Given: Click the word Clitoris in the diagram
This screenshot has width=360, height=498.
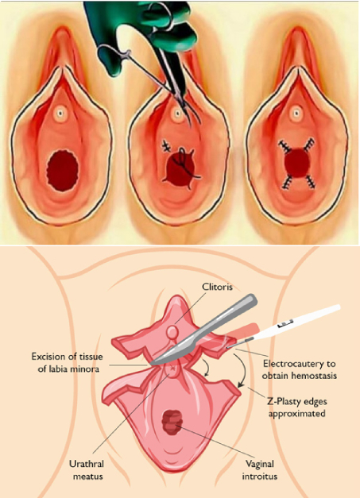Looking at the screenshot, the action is pos(218,287).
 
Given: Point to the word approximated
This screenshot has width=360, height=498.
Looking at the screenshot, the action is pos(296,414).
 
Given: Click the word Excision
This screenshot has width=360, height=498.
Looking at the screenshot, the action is pos(48,357).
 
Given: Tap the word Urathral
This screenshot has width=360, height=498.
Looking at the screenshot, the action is pos(87,464).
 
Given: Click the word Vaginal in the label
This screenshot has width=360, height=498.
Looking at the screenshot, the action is pos(260,464).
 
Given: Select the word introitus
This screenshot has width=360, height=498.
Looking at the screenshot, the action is pos(260,477).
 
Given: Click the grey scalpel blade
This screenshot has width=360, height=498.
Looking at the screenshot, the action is pos(203,330).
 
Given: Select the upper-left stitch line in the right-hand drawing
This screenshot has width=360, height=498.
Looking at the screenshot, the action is pos(285,147).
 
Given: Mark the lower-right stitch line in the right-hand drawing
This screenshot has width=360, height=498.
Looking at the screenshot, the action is pos(310,181).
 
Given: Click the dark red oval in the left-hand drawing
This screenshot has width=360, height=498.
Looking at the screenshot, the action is pos(63,171).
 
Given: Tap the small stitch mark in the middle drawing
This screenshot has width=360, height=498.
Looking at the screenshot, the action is pos(166,146).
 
